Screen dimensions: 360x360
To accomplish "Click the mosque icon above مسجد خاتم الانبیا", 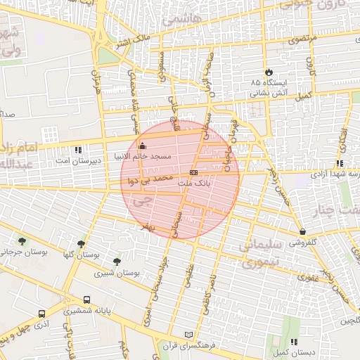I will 143,146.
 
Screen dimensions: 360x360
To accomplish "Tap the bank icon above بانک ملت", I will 193,172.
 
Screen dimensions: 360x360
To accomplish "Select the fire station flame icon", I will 269,72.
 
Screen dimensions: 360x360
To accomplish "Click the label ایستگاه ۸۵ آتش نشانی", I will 269,87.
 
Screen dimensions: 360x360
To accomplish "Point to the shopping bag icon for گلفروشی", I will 302,231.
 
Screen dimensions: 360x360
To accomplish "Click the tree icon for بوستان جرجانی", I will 22,241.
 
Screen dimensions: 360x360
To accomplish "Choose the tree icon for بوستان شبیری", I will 116,261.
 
